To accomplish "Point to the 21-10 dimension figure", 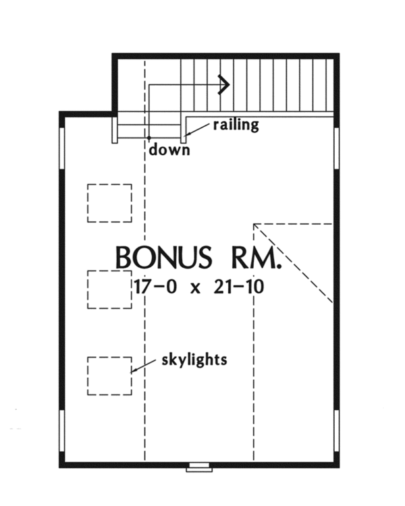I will tap(238, 287).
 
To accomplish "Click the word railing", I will tap(236, 125).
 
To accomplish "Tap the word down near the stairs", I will tap(169, 150).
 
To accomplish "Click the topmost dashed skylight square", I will tap(109, 203).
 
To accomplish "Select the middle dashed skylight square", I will tap(109, 289).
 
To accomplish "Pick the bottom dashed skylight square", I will tap(109, 376).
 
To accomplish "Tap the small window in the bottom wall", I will tap(198, 466).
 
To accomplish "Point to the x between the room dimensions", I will tap(196, 288).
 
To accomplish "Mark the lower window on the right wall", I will tap(335, 432).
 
